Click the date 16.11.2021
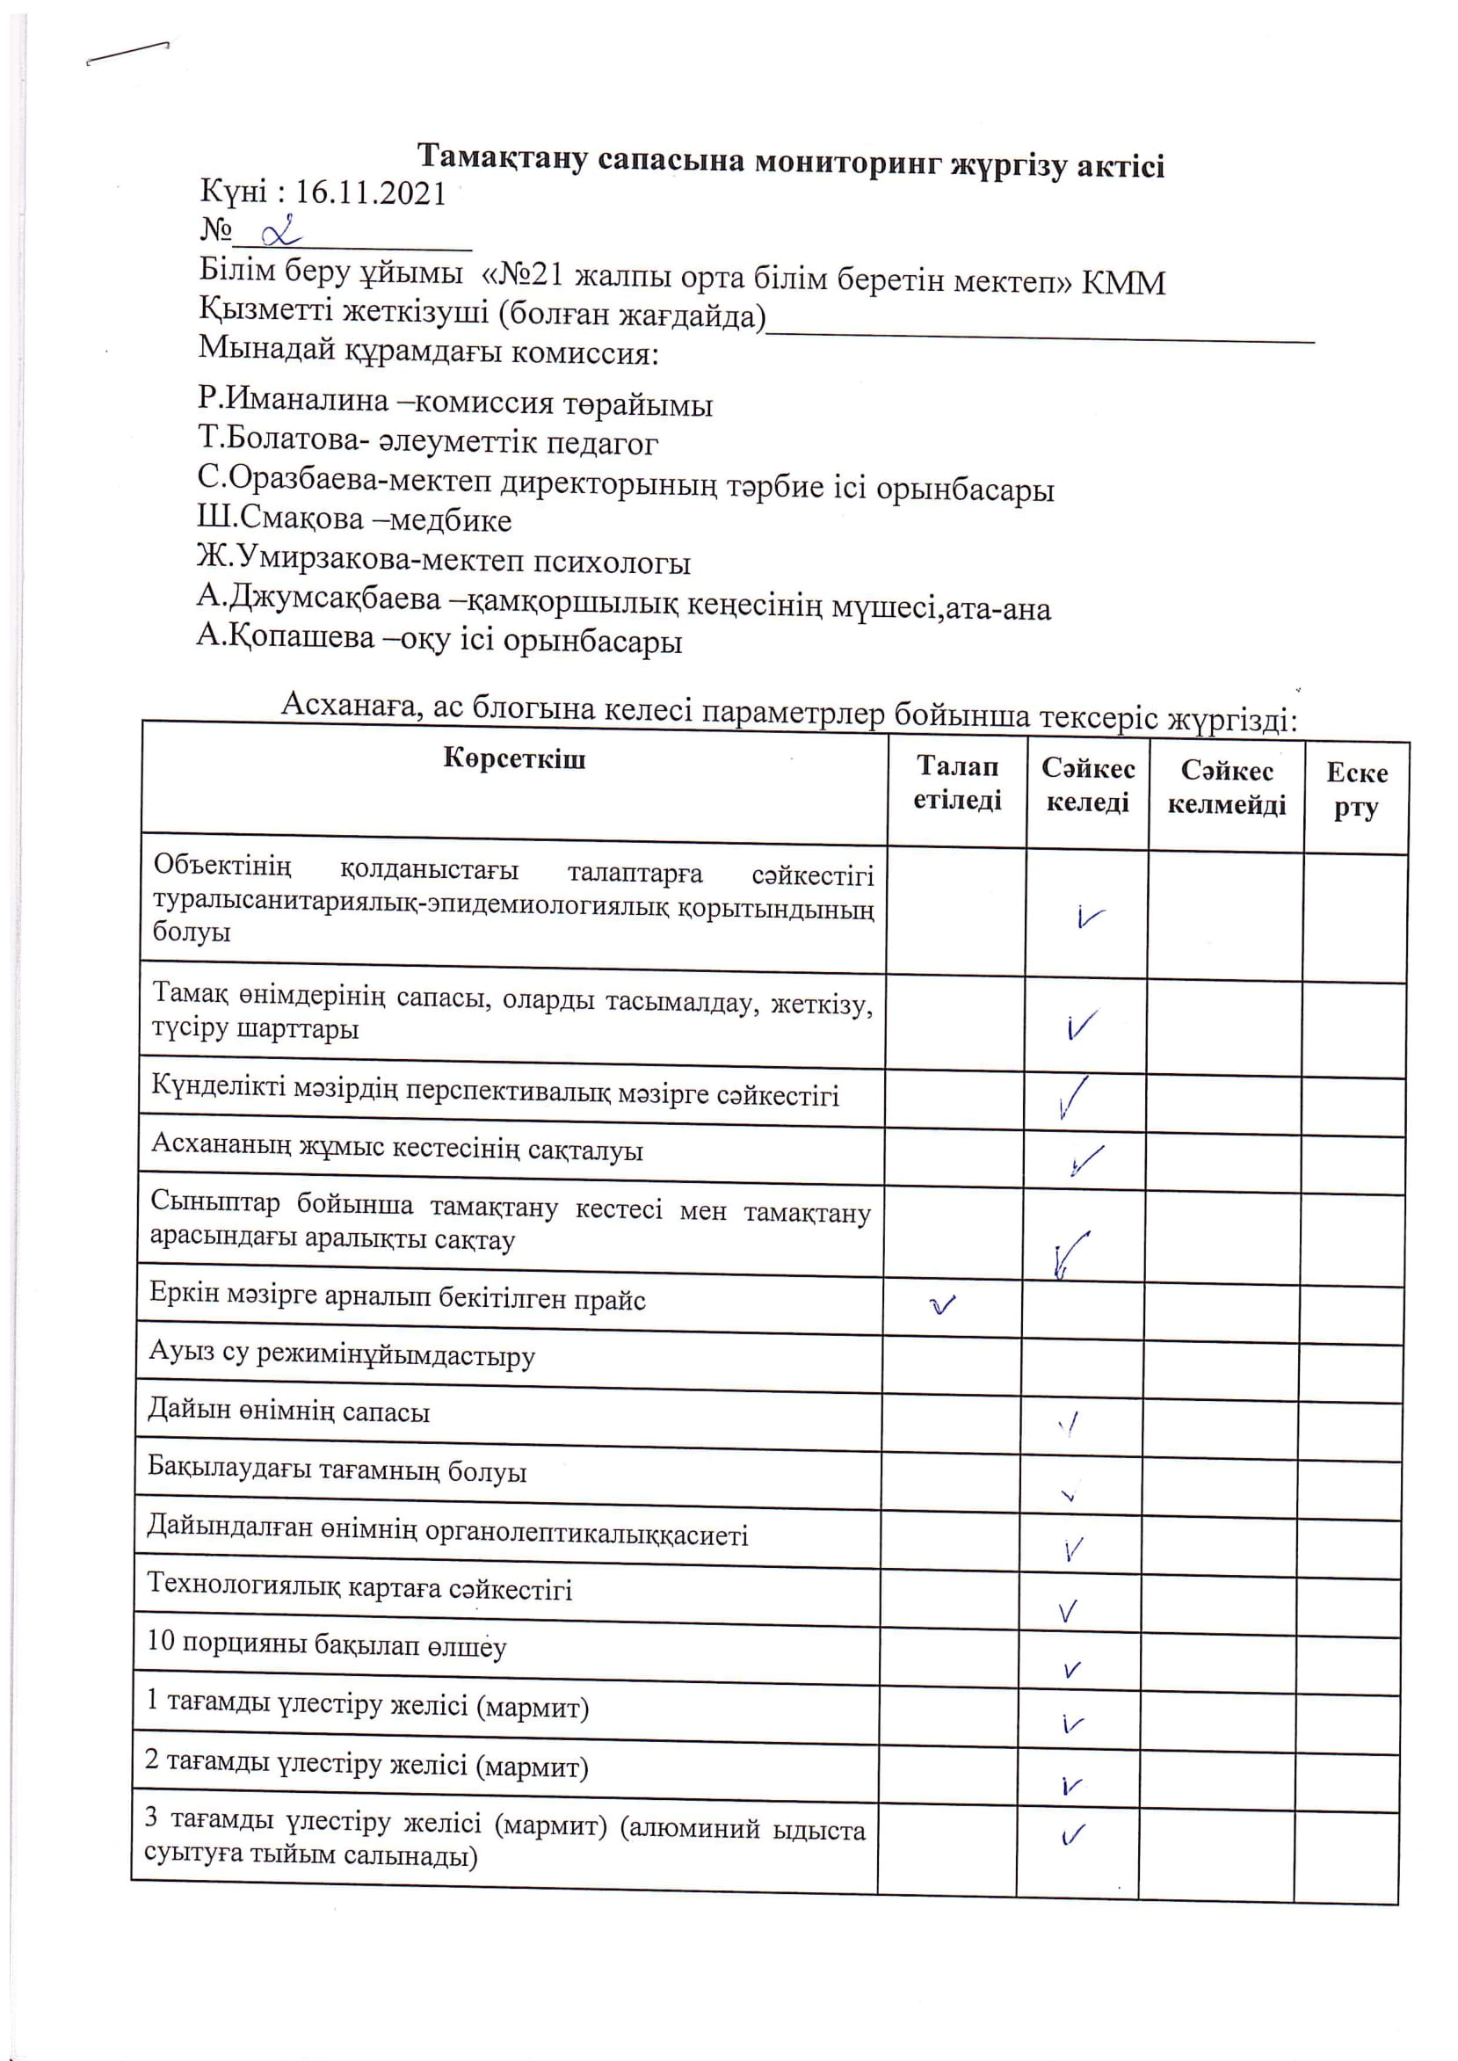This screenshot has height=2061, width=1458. click(370, 193)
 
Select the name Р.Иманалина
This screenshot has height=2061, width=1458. click(293, 401)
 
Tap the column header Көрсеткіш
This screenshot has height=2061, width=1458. click(513, 759)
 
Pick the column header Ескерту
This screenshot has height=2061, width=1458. click(1356, 790)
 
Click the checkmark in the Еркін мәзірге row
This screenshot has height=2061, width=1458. click(942, 1303)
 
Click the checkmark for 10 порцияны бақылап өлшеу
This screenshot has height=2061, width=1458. click(1071, 1671)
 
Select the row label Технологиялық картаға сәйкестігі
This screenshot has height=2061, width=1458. click(359, 1589)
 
